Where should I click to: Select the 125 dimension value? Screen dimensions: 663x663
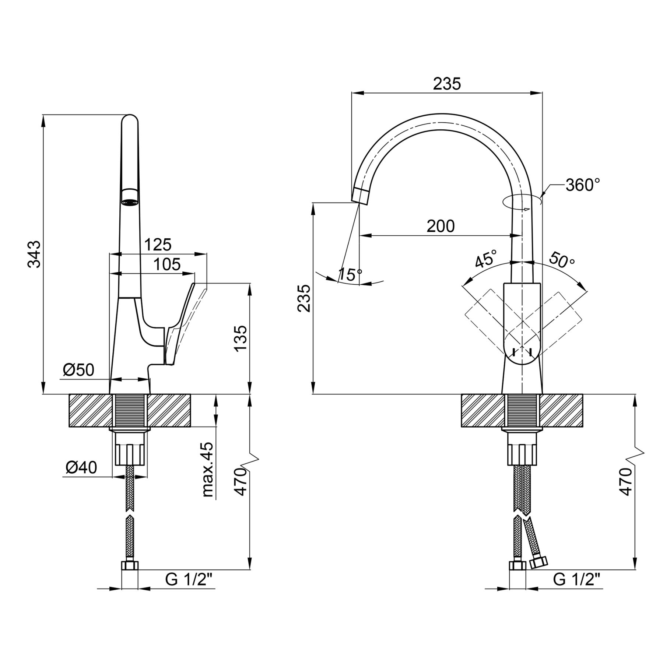(x=158, y=244)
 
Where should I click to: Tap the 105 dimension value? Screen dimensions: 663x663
(x=167, y=264)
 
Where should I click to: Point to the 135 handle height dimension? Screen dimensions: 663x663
(x=241, y=338)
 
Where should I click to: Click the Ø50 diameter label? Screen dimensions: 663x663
(x=78, y=370)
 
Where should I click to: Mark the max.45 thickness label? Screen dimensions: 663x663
(x=207, y=470)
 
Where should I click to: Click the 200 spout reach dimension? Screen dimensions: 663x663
(x=441, y=226)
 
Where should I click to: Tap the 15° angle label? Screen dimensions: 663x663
(x=350, y=274)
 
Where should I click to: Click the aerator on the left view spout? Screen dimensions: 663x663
(x=130, y=197)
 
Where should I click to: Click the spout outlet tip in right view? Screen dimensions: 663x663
(x=361, y=195)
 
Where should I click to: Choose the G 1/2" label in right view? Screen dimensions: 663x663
(x=577, y=580)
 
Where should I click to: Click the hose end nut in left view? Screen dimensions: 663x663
(x=130, y=565)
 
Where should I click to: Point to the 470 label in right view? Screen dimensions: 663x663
(x=626, y=481)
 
